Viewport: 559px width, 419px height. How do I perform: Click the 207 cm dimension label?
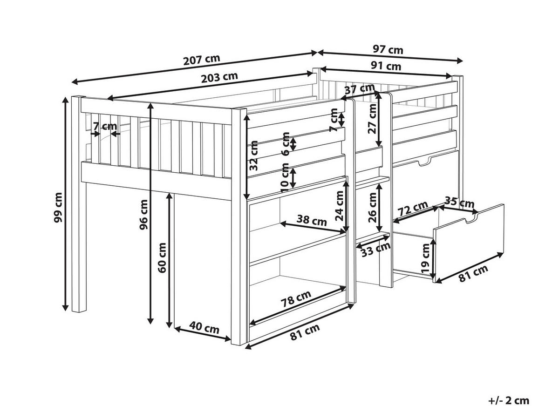click(201, 60)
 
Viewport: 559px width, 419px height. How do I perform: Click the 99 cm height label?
click(58, 208)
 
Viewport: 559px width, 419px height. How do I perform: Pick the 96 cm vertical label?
click(143, 215)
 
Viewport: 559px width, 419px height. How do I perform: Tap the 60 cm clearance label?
click(162, 258)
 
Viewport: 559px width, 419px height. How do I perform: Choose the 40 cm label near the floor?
click(204, 328)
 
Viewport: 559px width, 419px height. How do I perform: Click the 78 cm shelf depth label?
click(296, 299)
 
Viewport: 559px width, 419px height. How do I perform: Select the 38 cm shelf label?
click(312, 220)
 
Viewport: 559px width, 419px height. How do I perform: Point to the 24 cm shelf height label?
click(339, 206)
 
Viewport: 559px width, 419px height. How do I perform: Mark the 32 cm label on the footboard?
click(253, 155)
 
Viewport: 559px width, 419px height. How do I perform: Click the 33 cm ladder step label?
click(376, 250)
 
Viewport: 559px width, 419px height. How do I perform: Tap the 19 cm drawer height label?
click(425, 258)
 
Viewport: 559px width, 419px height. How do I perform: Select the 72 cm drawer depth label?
click(413, 209)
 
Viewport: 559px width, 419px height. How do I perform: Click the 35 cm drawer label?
click(459, 202)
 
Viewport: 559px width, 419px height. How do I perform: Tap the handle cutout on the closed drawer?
click(424, 161)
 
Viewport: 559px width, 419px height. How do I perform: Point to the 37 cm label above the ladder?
click(360, 89)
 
